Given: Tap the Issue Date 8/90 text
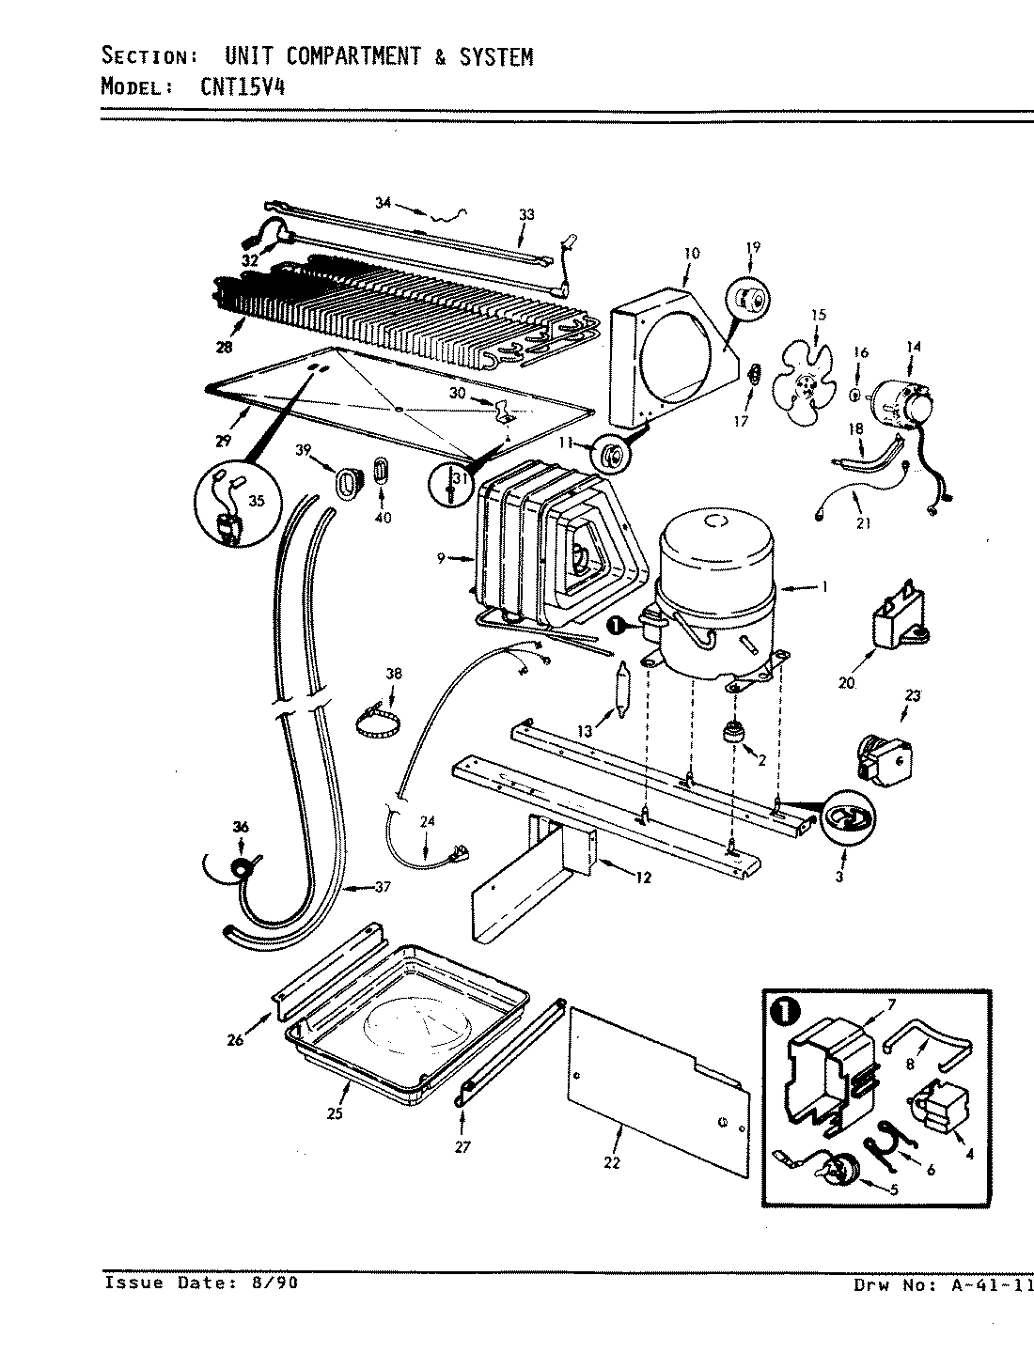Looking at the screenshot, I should coord(201,1283).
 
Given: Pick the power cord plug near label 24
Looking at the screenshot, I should coord(463,853).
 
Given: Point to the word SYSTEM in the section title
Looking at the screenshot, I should coord(495,57).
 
